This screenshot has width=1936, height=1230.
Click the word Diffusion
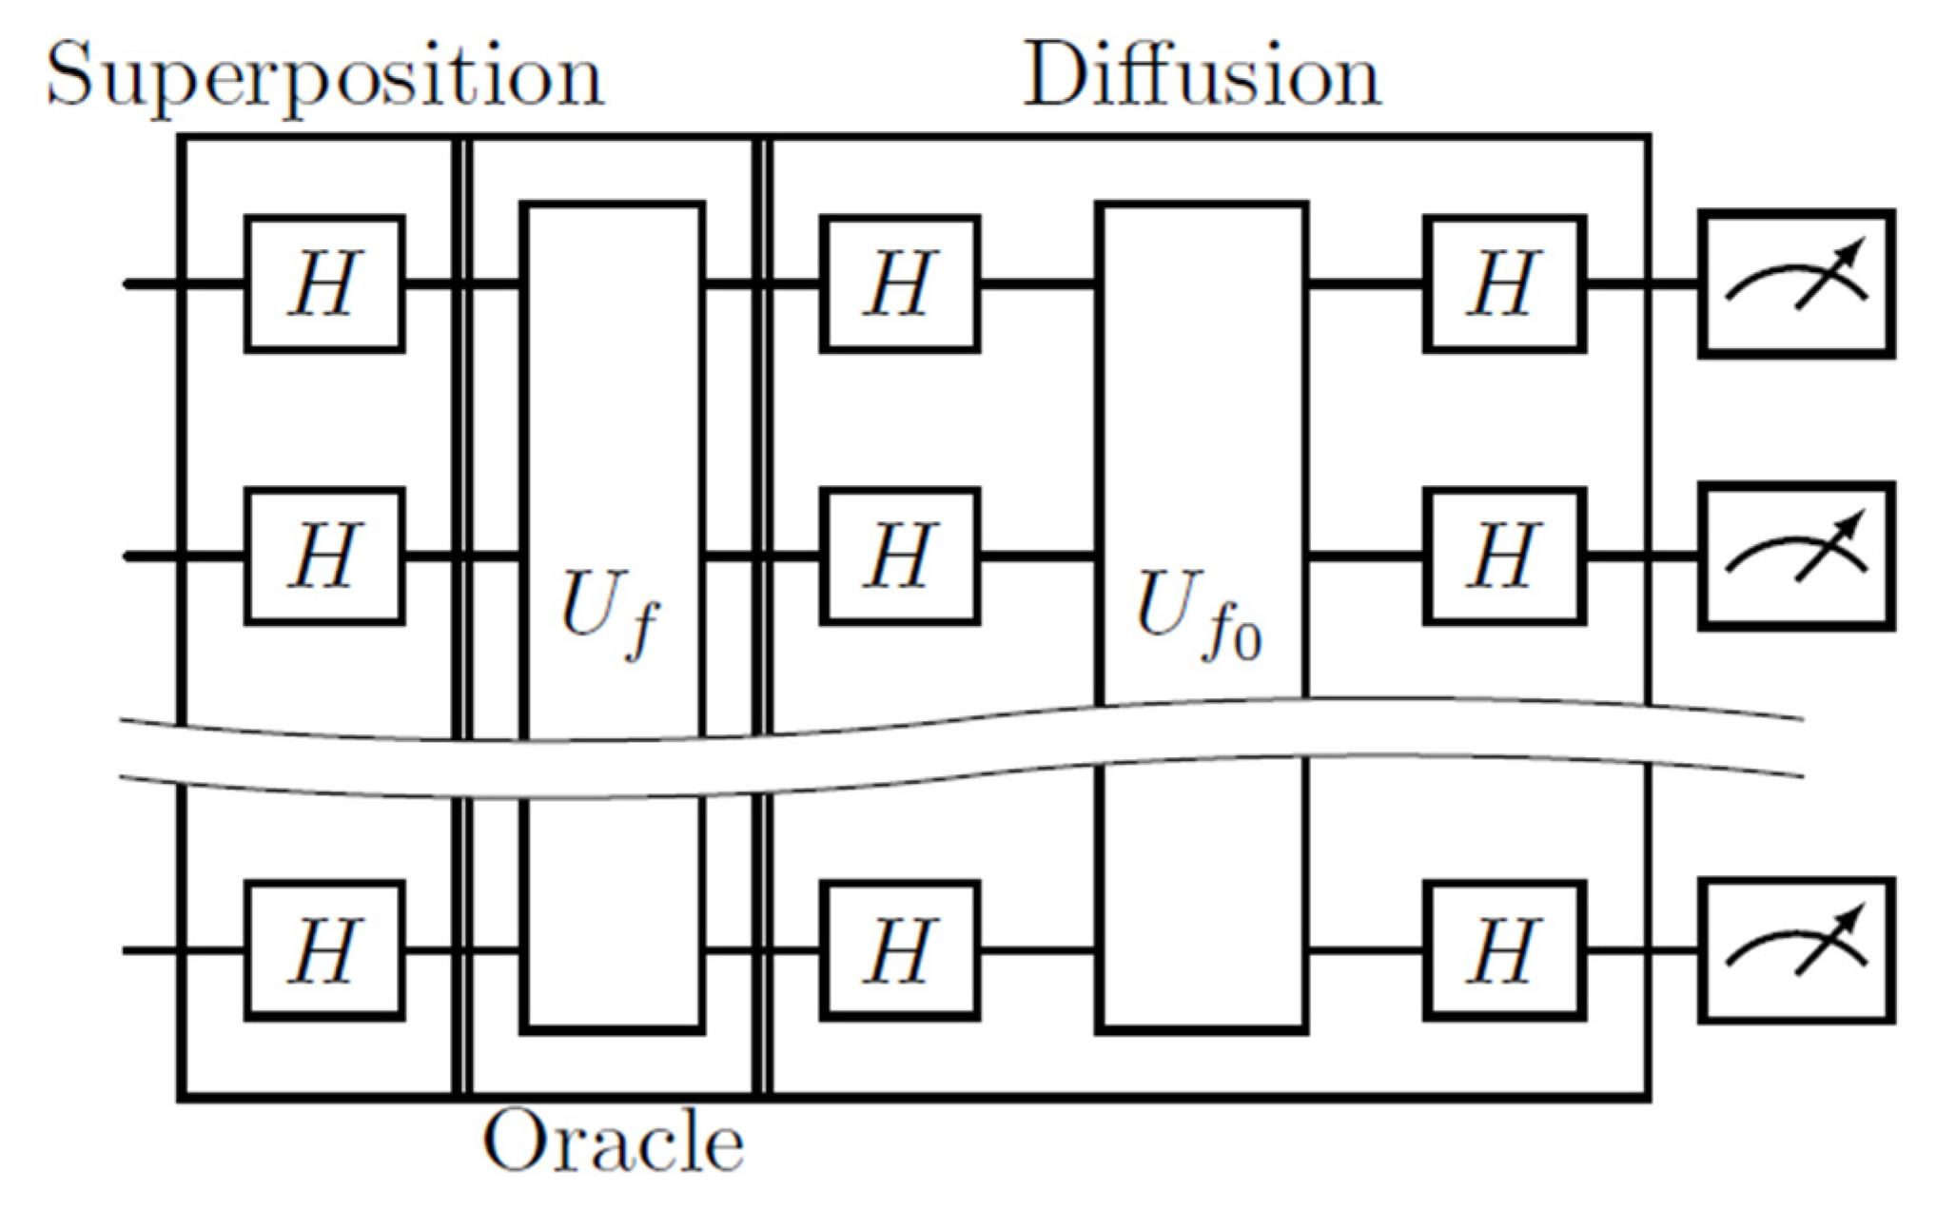tap(1201, 76)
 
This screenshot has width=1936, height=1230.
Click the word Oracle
tap(614, 1142)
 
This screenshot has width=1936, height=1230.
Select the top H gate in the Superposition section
tap(324, 283)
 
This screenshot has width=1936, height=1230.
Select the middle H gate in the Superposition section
tap(324, 556)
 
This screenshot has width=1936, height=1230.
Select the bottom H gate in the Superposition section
tap(324, 949)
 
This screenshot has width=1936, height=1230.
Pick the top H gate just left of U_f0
tap(900, 283)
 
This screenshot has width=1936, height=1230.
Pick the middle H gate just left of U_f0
tap(900, 556)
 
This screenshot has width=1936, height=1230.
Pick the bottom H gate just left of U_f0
tap(900, 949)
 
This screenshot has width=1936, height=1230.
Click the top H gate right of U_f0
tap(1504, 283)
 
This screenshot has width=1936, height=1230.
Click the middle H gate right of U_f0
tap(1504, 556)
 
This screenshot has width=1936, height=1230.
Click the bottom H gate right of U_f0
tap(1504, 949)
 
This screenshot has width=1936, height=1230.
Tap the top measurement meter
tap(1796, 283)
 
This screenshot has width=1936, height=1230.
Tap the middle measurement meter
tap(1796, 556)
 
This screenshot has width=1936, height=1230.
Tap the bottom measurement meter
tap(1796, 949)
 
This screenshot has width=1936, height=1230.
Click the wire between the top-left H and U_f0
tap(1037, 283)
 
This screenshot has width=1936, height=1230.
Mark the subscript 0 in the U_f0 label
tap(1247, 644)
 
